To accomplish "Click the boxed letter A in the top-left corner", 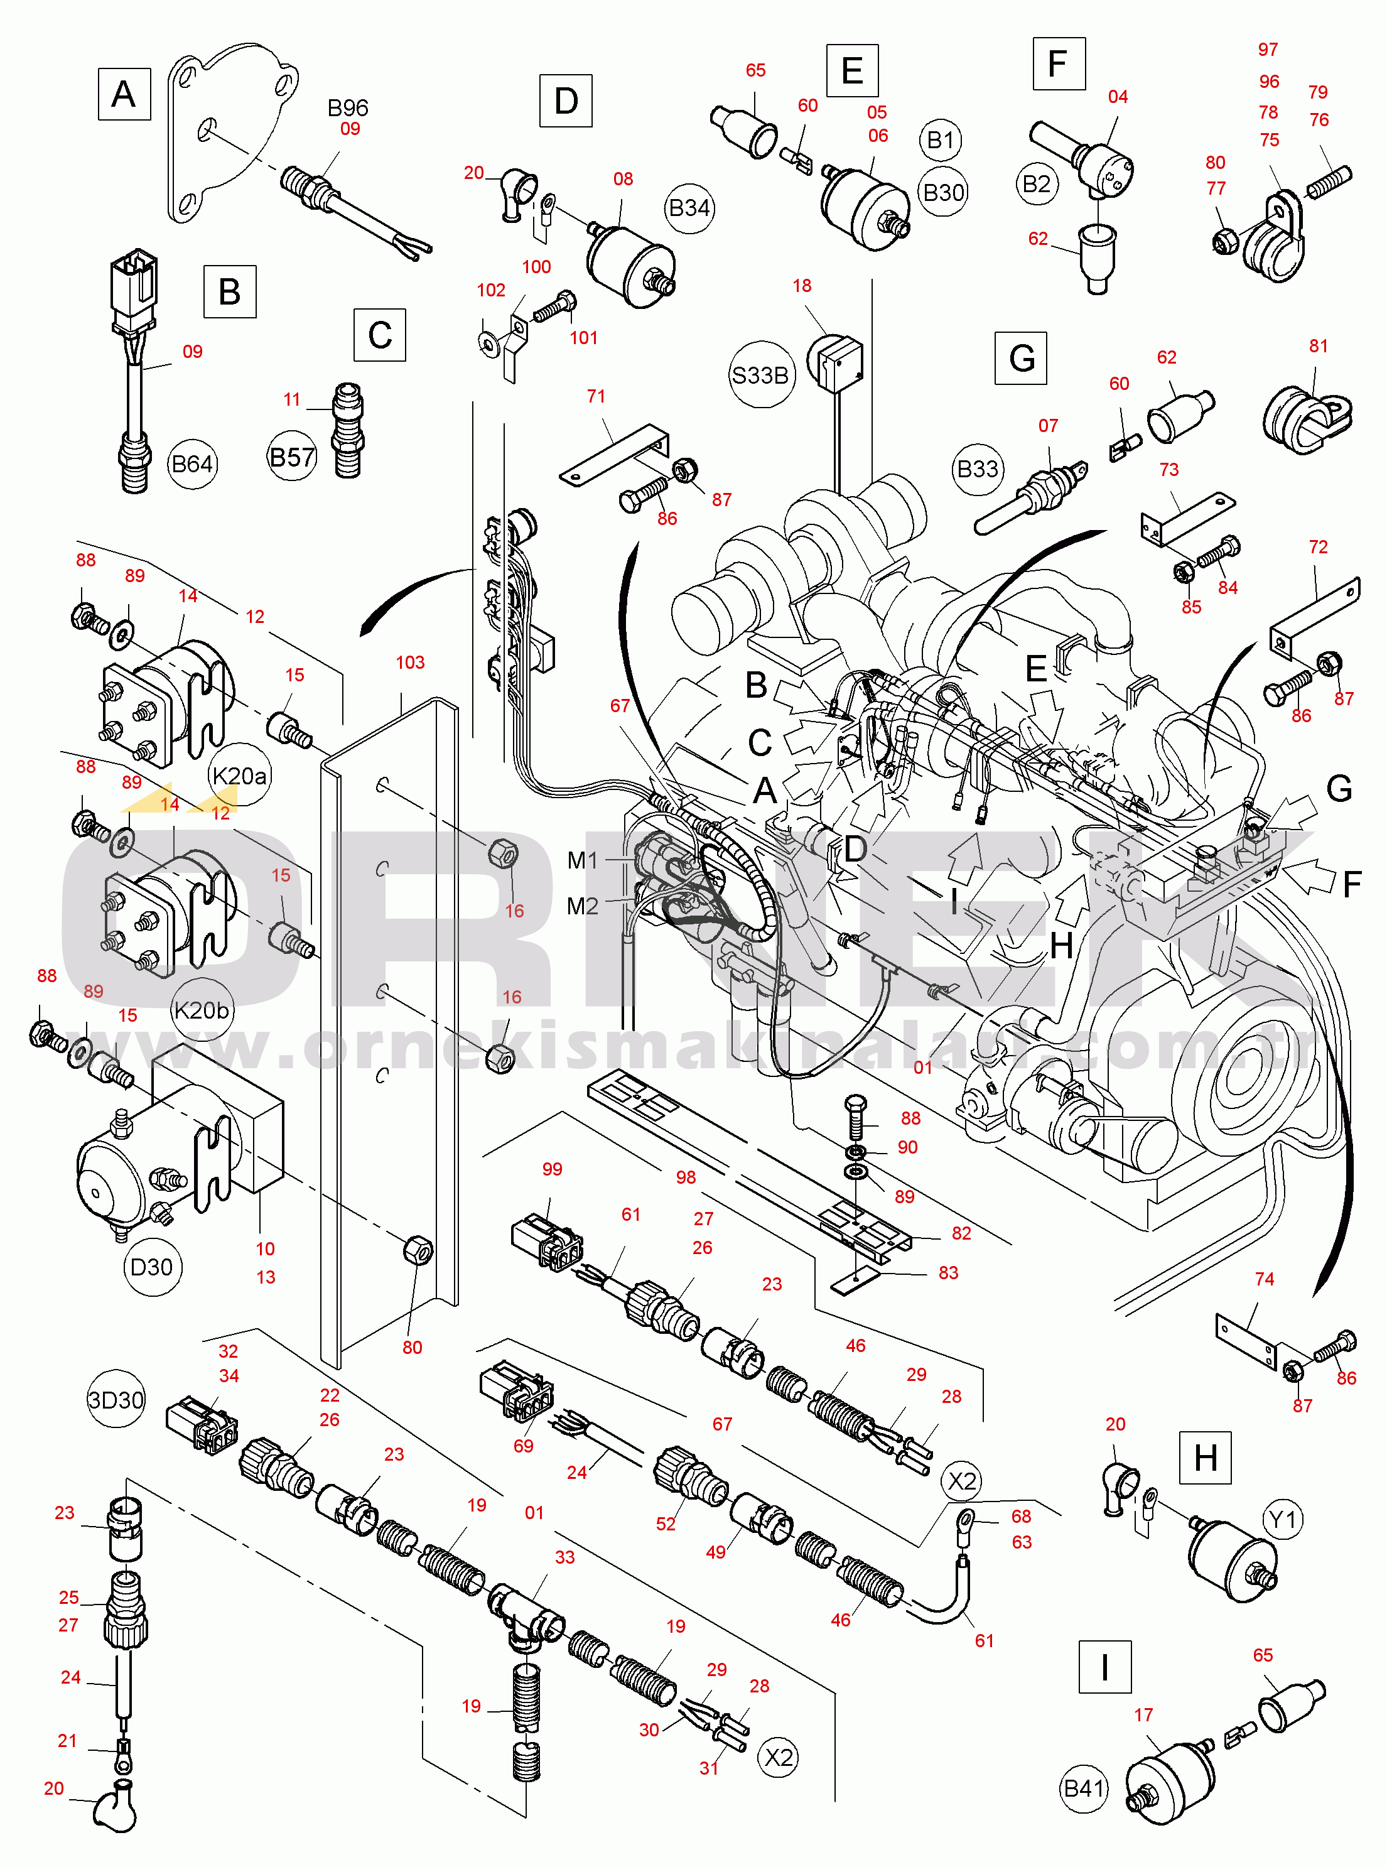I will tap(124, 94).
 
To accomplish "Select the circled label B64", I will tap(192, 464).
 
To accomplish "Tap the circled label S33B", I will tap(760, 376).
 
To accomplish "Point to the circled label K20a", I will tap(239, 776).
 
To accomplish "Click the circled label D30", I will tap(151, 1267).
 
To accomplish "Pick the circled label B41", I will tap(1083, 1788).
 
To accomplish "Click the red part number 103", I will tap(410, 663).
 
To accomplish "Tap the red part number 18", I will tap(802, 286).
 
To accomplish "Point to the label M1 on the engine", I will tap(583, 860).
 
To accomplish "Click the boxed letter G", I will tap(1021, 359).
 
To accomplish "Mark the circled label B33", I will tap(978, 468).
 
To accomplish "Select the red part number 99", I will tap(552, 1169).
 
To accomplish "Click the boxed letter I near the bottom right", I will tap(1105, 1667).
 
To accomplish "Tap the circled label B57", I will tap(291, 458).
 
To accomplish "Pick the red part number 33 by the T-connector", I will tap(565, 1557).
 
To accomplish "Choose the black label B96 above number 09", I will tap(348, 107).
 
